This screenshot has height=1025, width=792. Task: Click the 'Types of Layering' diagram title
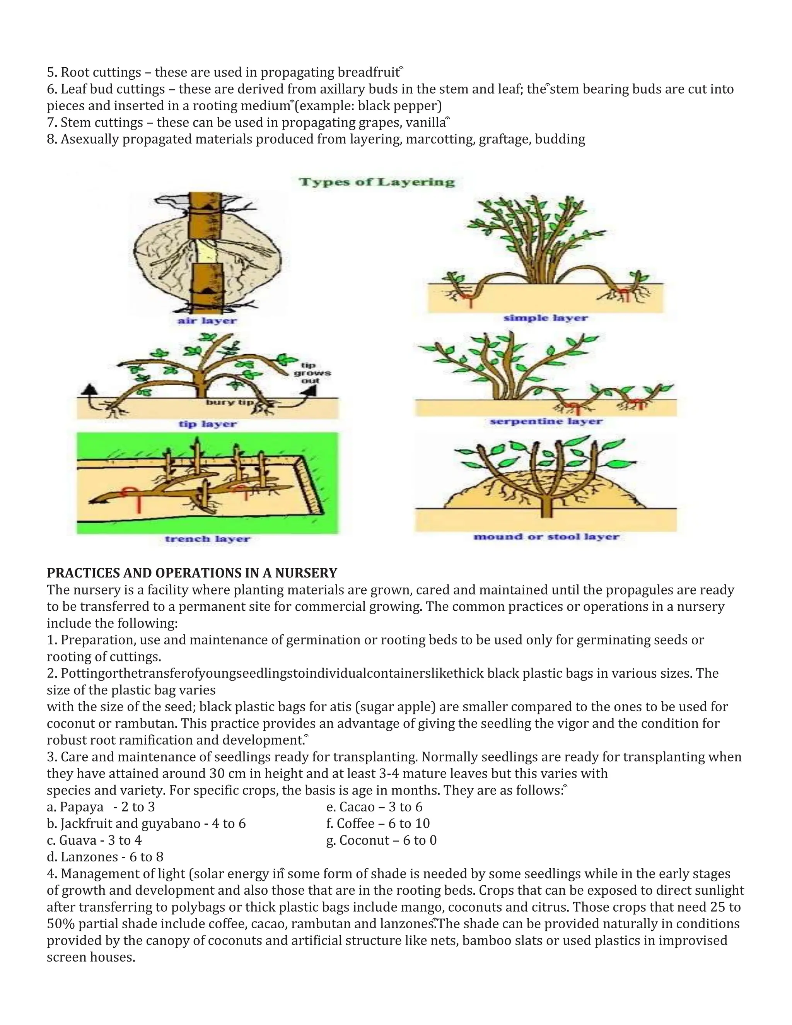click(377, 182)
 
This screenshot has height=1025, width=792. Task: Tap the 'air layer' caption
click(207, 321)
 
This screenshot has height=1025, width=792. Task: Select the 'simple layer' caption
click(545, 318)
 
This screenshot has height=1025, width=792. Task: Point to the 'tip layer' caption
click(207, 424)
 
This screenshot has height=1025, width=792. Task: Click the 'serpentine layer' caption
click(546, 422)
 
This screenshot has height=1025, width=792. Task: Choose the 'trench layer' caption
click(207, 539)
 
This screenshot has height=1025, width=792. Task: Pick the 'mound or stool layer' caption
click(546, 537)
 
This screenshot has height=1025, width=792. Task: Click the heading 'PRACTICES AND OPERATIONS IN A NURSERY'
click(192, 573)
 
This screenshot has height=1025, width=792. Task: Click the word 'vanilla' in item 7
click(425, 123)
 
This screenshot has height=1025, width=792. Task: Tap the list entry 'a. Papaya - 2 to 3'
click(101, 807)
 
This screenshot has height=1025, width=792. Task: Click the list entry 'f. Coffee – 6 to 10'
click(378, 823)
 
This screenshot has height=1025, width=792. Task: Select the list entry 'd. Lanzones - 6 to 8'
click(105, 857)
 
